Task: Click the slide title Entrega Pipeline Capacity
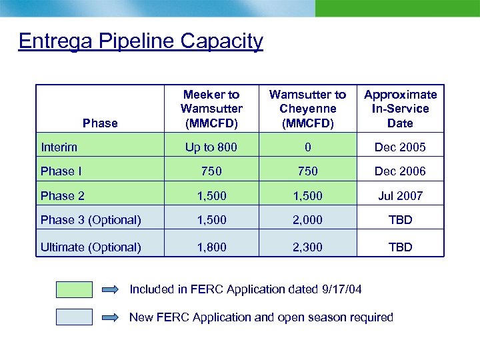(x=141, y=41)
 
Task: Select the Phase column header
(x=100, y=123)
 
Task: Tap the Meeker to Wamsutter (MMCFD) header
(x=211, y=109)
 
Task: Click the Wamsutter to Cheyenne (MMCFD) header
(x=307, y=109)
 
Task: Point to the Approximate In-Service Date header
(x=400, y=109)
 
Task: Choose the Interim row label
(x=59, y=147)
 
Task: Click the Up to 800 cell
(x=211, y=147)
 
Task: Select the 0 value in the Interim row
(x=307, y=147)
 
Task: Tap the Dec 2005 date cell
(x=400, y=147)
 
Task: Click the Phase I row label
(x=61, y=171)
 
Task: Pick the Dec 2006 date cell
(x=400, y=171)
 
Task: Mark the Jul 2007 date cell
(x=400, y=196)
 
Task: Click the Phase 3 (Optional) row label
(x=91, y=221)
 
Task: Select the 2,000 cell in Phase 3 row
(x=307, y=221)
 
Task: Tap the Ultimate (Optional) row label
(x=91, y=247)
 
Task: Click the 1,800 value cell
(x=211, y=247)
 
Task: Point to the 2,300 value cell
(x=307, y=247)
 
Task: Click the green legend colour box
(x=75, y=289)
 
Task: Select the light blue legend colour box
(x=75, y=317)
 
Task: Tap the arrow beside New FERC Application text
(x=111, y=317)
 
